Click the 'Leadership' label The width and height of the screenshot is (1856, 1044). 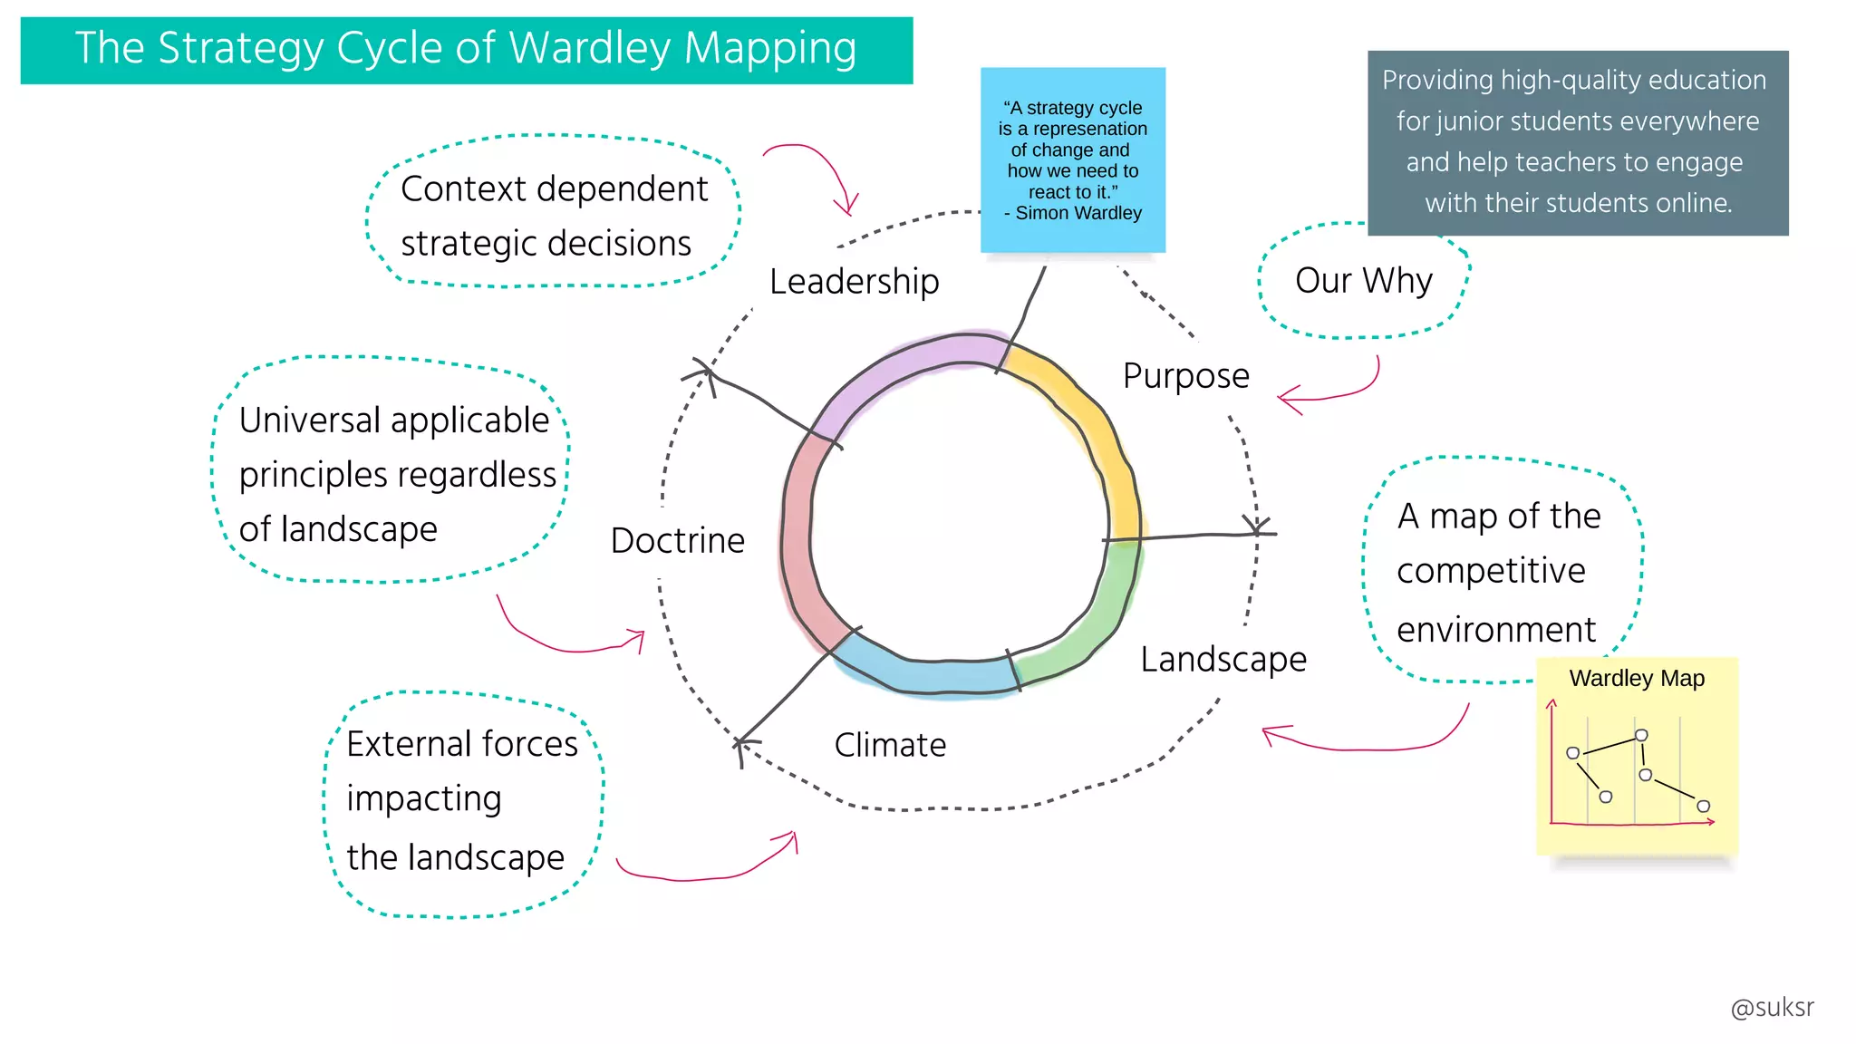[x=854, y=282]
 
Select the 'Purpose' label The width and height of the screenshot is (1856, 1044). [x=1185, y=376]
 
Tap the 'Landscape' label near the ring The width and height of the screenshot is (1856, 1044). [x=1223, y=659]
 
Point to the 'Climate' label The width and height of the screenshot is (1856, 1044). [x=890, y=745]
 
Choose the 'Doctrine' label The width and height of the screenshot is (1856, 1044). [x=677, y=541]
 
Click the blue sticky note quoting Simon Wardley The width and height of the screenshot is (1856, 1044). [x=1073, y=159]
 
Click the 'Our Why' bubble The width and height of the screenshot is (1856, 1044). [x=1363, y=281]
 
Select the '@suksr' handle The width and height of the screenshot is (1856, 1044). [x=1772, y=1008]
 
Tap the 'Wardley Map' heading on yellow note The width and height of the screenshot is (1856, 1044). [x=1637, y=679]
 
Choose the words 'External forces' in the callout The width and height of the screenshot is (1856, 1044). [x=461, y=744]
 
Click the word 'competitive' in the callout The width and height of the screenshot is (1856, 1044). [x=1491, y=571]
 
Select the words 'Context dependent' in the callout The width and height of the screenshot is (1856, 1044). [x=554, y=189]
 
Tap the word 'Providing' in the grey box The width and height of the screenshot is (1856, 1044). [x=1437, y=81]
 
